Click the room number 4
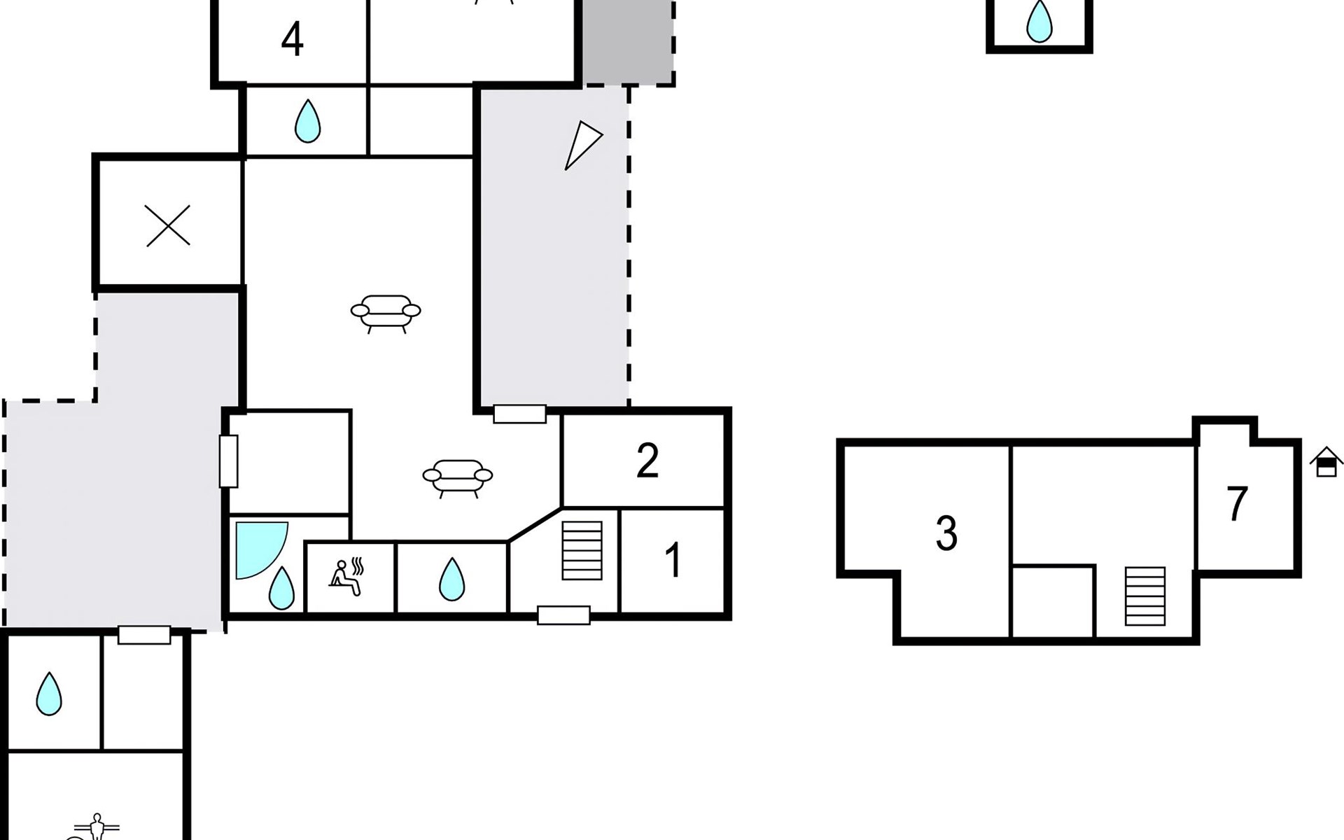[x=293, y=40]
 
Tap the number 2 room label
[x=647, y=461]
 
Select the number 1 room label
[x=673, y=560]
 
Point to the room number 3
[x=946, y=533]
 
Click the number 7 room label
[x=1237, y=504]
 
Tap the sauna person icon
[x=346, y=577]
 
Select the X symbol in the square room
[x=168, y=225]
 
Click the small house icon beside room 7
[x=1326, y=463]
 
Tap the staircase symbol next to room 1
[x=582, y=550]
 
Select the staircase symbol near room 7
[x=1145, y=596]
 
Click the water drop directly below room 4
[x=307, y=121]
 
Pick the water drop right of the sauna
[x=451, y=580]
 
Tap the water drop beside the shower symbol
[x=281, y=588]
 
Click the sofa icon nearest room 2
[x=458, y=477]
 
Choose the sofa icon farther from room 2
[x=386, y=312]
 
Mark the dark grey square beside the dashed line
[x=628, y=42]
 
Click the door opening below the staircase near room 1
[x=563, y=615]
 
